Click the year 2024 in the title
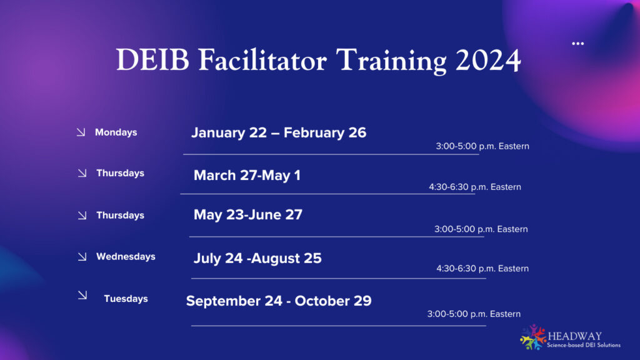coord(487,60)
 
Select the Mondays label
coord(116,132)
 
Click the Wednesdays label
coord(126,256)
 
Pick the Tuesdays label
coord(126,299)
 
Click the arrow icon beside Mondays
coord(81,132)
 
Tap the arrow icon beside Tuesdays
coord(82,296)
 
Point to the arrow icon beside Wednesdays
coord(82,256)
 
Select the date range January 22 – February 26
coord(279,132)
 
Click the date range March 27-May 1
coord(247,176)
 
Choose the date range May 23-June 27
coord(248,215)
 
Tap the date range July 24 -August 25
coord(257,258)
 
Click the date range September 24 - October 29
coord(279,301)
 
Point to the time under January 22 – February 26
coord(482,146)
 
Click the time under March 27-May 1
coord(474,187)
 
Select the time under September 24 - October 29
coord(474,314)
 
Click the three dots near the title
coord(577,44)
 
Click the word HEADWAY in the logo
coord(575,336)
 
